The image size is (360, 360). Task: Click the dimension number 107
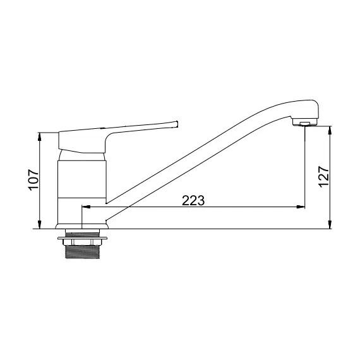[x=33, y=180]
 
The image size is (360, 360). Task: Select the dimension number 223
[x=193, y=200]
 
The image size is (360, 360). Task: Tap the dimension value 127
[x=324, y=177]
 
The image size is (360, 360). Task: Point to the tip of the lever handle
[x=177, y=124]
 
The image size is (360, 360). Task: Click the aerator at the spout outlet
[x=305, y=124]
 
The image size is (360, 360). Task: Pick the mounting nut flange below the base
[x=82, y=238]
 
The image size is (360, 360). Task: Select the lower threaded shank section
[x=83, y=252]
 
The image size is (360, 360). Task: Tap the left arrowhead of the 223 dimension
[x=86, y=207]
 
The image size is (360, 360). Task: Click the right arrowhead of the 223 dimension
[x=301, y=207]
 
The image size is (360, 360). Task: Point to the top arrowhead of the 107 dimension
[x=40, y=136]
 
